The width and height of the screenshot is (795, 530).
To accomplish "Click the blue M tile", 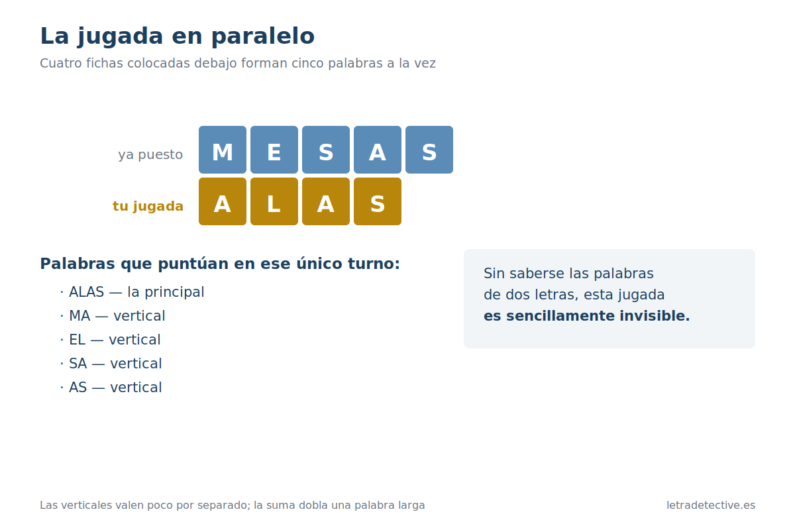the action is point(223,150).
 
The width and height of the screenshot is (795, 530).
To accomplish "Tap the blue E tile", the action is point(274,150).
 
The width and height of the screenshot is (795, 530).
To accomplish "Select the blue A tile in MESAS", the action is point(378,150).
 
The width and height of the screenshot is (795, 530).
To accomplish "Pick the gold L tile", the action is point(274,201).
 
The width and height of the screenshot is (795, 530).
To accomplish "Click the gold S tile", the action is point(378,201).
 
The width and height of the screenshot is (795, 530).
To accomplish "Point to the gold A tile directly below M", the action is point(223,201).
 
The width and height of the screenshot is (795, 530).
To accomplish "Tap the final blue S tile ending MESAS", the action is point(429,150).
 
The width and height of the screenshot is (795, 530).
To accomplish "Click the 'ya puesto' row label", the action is point(150,155).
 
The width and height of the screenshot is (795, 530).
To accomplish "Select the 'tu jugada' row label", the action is point(148,206).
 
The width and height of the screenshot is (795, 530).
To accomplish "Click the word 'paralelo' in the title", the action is point(263,36).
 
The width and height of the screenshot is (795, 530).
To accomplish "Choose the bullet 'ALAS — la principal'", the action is point(132,292).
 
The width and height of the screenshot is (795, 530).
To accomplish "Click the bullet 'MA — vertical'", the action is point(113,316).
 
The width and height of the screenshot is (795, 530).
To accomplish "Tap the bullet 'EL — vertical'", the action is point(111,340).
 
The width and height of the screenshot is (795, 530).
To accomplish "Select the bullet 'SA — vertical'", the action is point(111,364).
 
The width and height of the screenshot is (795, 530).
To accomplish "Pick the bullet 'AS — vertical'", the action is point(111,388).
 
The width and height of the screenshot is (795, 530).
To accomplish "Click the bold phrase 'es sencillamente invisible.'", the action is point(587,316).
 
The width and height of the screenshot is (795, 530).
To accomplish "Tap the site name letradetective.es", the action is point(711,505).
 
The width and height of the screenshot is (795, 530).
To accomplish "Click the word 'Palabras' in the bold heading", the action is point(78,264).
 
